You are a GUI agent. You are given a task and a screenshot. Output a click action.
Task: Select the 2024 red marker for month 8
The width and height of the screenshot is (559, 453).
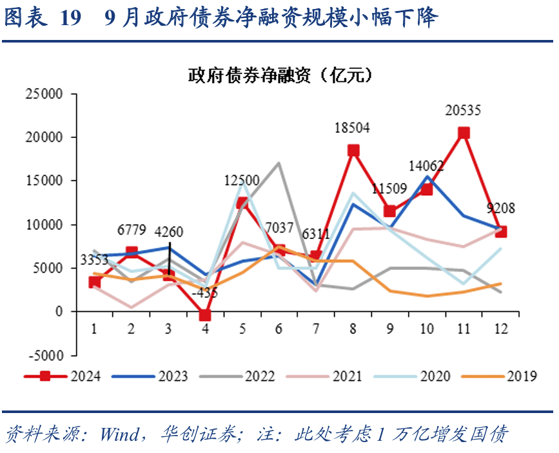[353, 151]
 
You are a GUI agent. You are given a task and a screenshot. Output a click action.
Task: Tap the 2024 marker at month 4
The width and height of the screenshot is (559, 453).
[205, 315]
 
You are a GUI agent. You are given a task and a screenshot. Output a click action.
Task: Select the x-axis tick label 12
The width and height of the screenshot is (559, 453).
[500, 329]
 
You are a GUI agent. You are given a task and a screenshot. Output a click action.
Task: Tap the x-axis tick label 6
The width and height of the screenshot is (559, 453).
[279, 329]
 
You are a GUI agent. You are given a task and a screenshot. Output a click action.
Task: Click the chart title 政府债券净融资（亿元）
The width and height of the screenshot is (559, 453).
[280, 75]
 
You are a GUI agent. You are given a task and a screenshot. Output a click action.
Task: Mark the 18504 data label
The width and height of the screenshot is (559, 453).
[352, 128]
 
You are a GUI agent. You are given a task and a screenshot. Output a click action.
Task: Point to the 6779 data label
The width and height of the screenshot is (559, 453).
[132, 231]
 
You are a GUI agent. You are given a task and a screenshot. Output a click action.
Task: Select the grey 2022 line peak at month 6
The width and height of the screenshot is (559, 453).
[279, 163]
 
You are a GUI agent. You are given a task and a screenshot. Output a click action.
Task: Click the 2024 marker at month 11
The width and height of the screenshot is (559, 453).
[464, 133]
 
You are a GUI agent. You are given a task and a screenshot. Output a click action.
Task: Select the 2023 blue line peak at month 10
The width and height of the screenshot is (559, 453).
[427, 177]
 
